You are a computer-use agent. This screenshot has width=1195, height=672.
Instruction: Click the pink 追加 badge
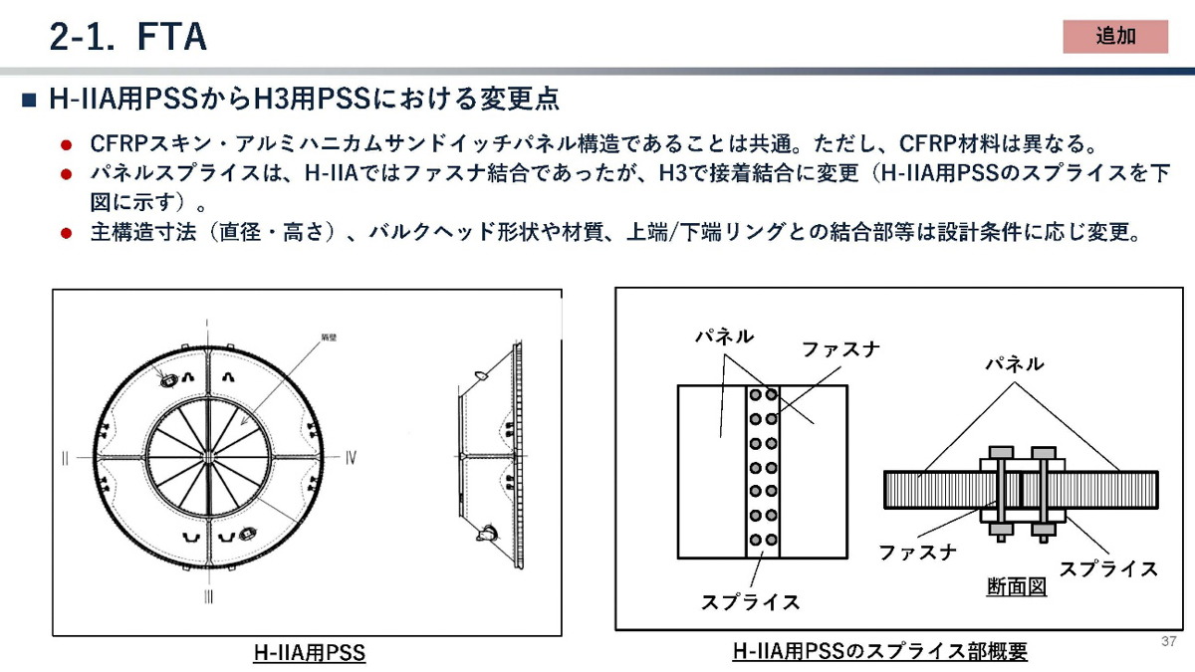click(x=1115, y=37)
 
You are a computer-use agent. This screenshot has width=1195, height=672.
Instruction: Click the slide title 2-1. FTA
click(x=127, y=37)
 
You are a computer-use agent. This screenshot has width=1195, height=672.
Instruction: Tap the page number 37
click(x=1168, y=641)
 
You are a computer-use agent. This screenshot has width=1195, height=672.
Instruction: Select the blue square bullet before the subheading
click(x=28, y=101)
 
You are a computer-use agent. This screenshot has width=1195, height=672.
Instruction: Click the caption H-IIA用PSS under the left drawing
click(x=309, y=654)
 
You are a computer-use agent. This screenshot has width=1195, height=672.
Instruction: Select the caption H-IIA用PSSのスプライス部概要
click(x=879, y=652)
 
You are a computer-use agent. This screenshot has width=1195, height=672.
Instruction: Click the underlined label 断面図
click(x=1016, y=587)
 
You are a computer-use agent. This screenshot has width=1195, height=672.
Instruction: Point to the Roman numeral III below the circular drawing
click(x=207, y=597)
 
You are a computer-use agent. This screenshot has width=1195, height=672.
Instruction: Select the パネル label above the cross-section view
click(x=1014, y=364)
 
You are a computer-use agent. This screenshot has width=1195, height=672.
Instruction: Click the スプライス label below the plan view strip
click(x=750, y=602)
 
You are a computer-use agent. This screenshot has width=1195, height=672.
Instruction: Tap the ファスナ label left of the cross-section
click(x=917, y=553)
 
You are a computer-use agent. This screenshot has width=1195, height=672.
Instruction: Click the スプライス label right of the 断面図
click(x=1107, y=568)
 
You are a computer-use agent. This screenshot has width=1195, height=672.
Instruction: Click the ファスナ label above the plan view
click(x=840, y=349)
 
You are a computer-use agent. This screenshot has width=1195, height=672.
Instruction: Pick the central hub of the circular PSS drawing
click(x=208, y=456)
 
